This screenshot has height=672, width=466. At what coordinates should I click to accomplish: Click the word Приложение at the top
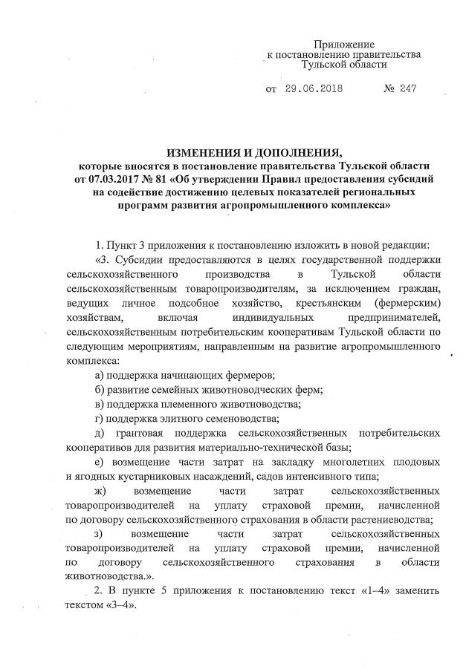(343, 45)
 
